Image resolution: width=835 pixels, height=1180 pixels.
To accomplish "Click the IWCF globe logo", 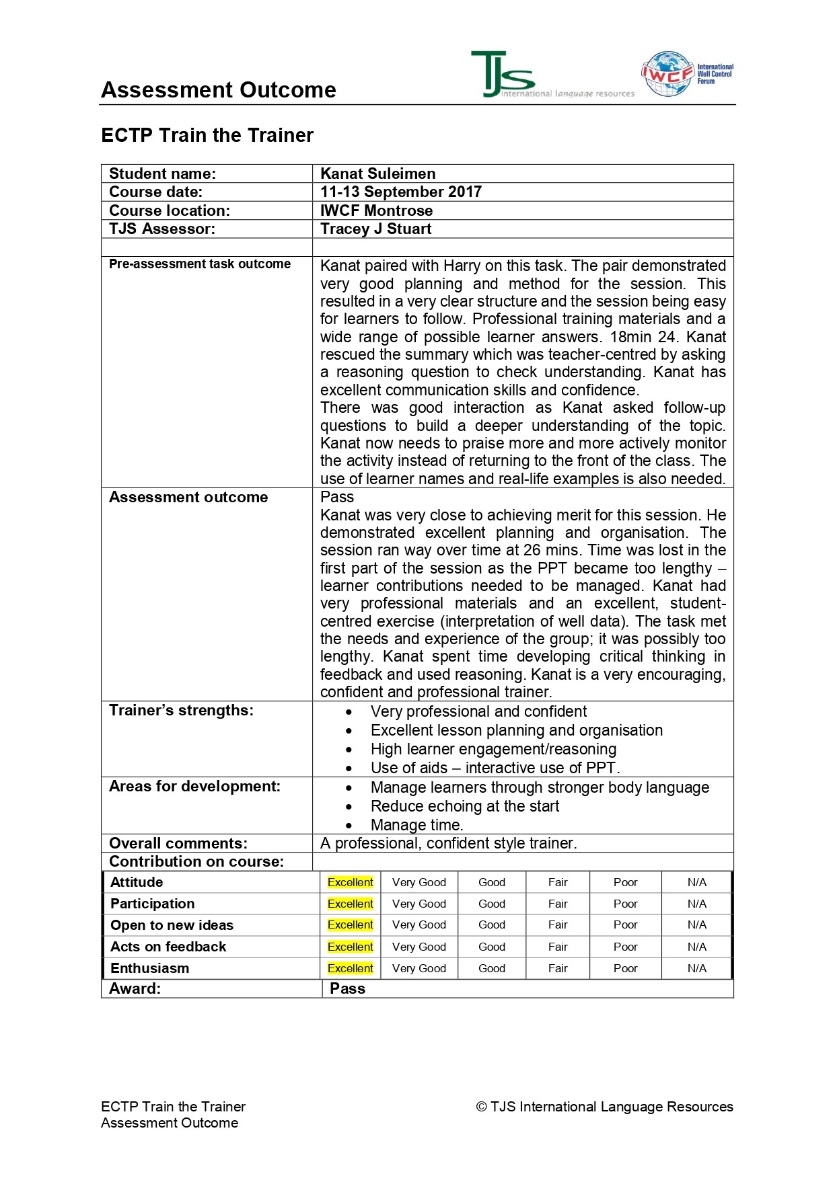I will pyautogui.click(x=667, y=74).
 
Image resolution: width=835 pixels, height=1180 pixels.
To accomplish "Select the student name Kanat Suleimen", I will pyautogui.click(x=377, y=173).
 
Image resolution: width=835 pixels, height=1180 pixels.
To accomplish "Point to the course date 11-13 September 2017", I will pyautogui.click(x=400, y=192).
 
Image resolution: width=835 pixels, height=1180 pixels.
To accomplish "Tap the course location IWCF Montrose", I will pyautogui.click(x=376, y=210).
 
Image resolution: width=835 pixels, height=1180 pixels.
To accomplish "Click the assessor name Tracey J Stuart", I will pyautogui.click(x=375, y=229).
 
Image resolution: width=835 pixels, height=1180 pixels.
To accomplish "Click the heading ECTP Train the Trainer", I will pyautogui.click(x=207, y=135).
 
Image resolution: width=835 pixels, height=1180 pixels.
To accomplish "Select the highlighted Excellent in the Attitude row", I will pyautogui.click(x=350, y=882).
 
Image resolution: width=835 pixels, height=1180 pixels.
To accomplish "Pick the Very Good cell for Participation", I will pyautogui.click(x=419, y=904).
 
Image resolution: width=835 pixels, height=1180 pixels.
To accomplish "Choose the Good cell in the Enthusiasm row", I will pyautogui.click(x=491, y=968).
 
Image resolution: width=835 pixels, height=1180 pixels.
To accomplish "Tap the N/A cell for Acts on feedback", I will pyautogui.click(x=696, y=947).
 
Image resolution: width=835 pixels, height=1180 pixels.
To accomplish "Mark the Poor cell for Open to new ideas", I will pyautogui.click(x=625, y=925).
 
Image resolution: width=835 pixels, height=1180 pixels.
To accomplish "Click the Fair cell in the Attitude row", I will pyautogui.click(x=557, y=882).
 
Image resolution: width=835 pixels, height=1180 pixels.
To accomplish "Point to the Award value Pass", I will pyautogui.click(x=347, y=988).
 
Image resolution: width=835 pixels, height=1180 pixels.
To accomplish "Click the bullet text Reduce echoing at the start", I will pyautogui.click(x=464, y=806).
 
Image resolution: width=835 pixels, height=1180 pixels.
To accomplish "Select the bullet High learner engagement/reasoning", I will pyautogui.click(x=493, y=749).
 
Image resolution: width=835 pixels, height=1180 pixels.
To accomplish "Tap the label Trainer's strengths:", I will pyautogui.click(x=181, y=711).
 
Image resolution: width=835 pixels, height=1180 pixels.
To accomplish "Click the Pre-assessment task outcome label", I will pyautogui.click(x=200, y=264).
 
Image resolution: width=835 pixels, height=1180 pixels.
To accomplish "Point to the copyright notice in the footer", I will pyautogui.click(x=604, y=1107).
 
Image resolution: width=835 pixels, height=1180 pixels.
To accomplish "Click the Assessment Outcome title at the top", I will pyautogui.click(x=218, y=90).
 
